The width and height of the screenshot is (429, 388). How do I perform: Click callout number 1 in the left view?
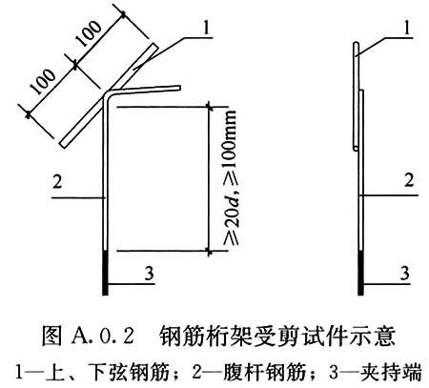207,28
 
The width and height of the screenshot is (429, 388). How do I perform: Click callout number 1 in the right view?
407,28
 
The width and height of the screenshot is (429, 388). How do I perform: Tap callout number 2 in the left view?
57,182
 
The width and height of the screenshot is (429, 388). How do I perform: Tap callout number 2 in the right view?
409,180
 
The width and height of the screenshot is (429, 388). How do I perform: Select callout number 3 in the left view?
149,274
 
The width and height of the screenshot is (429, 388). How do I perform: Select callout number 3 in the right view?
404,273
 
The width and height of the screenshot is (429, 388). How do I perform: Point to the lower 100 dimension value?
43,81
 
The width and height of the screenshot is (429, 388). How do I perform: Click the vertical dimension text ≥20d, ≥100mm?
231,178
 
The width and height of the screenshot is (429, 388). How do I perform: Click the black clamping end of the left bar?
105,273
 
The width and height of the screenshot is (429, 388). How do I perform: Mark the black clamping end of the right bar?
360,273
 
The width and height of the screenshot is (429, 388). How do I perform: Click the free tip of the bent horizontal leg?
179,88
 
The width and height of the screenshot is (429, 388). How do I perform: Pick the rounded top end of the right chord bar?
357,43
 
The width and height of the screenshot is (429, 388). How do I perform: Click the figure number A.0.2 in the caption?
103,336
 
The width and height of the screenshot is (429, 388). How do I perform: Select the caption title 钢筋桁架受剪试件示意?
277,336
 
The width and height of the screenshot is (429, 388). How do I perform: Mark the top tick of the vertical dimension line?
209,107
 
